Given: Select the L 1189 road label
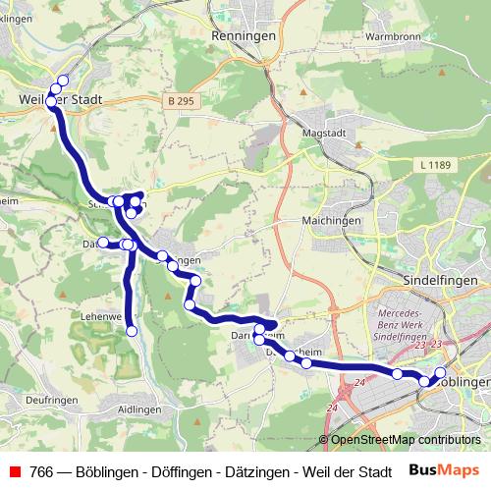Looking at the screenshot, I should [432, 165].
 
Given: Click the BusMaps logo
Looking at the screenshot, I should [450, 471].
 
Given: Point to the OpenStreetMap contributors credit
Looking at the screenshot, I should [405, 441].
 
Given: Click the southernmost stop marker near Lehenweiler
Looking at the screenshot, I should [132, 332].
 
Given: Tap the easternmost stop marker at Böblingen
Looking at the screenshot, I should [439, 371].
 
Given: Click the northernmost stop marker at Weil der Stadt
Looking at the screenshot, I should [64, 81].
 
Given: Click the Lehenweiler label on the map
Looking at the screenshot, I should [104, 317].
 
